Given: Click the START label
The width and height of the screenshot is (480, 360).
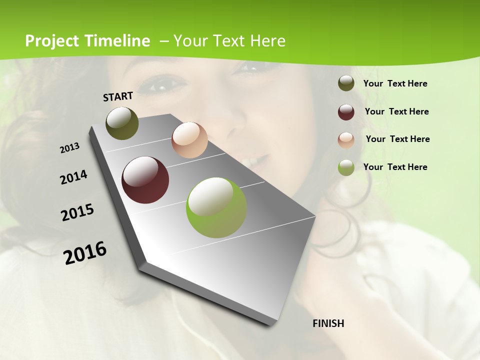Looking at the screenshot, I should pos(118,96).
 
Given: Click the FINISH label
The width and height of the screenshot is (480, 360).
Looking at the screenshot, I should pos(328,323).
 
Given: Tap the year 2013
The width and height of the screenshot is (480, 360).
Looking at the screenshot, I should pos(70,148).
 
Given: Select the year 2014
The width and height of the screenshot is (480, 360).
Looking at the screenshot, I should pos(74,177).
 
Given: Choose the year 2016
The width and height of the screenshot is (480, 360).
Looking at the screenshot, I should pos(85,253).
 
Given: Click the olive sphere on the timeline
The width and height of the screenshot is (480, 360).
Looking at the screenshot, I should pos(122,123).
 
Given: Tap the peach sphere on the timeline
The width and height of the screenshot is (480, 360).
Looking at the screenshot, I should pos(189,140).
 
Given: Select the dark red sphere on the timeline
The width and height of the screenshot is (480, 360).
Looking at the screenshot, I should pos(145,180).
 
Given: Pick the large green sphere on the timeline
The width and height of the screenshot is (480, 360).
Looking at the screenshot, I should pos(216,207).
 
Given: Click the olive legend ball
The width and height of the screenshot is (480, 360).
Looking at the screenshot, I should pos(346,83).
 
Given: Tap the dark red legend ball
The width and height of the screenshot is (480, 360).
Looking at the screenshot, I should pos(346,111).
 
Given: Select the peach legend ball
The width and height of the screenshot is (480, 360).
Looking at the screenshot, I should pos(346,139).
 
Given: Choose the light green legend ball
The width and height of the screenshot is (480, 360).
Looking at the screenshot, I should pos(346,167).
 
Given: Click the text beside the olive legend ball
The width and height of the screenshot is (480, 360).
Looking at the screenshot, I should pos(395,83).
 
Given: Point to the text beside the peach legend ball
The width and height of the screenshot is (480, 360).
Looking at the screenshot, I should pos(397,139).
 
